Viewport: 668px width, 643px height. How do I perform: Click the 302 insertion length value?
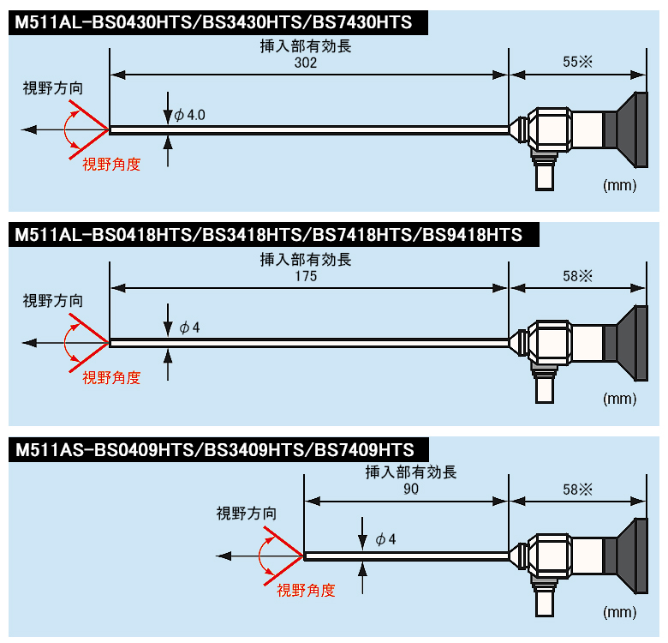tap(306, 63)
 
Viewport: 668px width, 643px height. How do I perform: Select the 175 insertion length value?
tap(306, 276)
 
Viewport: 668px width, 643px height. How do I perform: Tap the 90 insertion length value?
tap(411, 489)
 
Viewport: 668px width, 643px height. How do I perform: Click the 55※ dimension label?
tap(577, 62)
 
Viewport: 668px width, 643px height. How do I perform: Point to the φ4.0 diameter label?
tap(189, 115)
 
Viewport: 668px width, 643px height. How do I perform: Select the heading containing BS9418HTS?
tap(273, 235)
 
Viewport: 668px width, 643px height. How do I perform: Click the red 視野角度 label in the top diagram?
tap(111, 164)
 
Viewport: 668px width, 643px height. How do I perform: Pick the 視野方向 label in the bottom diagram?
tap(247, 514)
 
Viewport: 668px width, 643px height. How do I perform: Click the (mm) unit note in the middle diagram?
tap(619, 399)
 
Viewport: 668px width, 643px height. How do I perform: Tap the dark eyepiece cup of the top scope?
tap(632, 129)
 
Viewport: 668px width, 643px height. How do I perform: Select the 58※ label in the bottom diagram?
tap(577, 489)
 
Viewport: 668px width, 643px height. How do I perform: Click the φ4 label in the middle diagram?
tap(189, 328)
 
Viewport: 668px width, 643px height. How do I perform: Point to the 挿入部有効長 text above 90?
tap(411, 472)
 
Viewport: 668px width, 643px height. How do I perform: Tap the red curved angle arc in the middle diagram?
tap(64, 343)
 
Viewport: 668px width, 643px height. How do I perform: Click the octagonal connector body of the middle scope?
tap(550, 343)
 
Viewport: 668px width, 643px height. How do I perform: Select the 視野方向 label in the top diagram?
tap(53, 88)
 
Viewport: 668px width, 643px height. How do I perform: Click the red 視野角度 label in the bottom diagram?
tap(306, 591)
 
